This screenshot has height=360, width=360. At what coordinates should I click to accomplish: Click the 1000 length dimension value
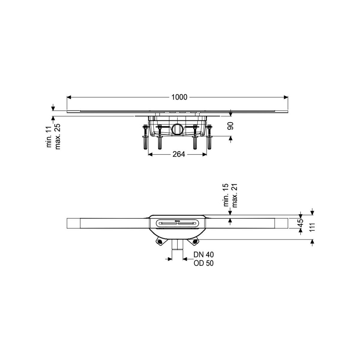pyautogui.click(x=179, y=97)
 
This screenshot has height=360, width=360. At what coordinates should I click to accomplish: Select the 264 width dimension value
pyautogui.click(x=178, y=154)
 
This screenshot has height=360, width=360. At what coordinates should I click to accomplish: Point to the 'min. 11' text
pyautogui.click(x=49, y=137)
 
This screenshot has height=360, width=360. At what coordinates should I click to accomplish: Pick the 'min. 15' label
pyautogui.click(x=226, y=195)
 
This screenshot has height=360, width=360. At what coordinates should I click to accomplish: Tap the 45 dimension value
pyautogui.click(x=301, y=223)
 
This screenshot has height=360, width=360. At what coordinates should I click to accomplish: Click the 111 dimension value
pyautogui.click(x=312, y=227)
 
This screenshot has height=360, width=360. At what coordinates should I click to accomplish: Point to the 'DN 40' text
pyautogui.click(x=203, y=254)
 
